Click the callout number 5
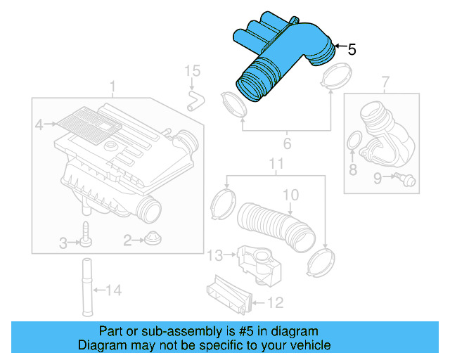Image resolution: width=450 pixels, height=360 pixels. point(352,49)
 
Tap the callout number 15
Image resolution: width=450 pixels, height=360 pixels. point(193,71)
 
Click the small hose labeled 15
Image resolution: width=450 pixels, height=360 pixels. point(193,99)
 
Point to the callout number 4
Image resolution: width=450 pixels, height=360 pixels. point(39,125)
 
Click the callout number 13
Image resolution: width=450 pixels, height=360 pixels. point(219,254)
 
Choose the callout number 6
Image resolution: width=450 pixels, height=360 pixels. point(287,145)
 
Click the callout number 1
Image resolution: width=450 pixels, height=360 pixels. point(112,86)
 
